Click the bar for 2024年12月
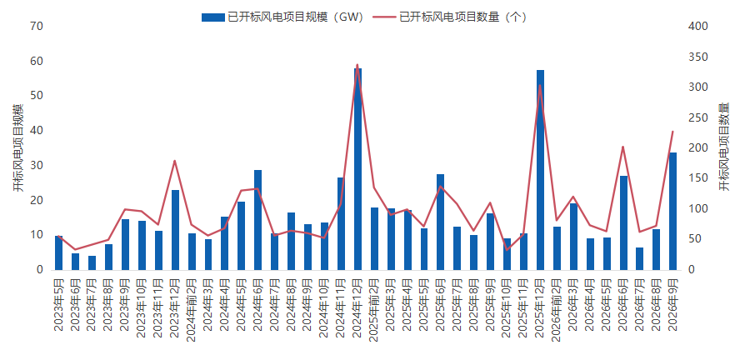click(357, 169)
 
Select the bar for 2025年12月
click(540, 170)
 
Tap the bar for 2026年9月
click(672, 212)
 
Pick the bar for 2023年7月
click(92, 263)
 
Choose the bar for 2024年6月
click(257, 220)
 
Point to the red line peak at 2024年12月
click(357, 65)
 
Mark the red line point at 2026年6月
click(623, 147)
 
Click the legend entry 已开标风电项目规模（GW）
click(282, 17)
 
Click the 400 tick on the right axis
click(697, 27)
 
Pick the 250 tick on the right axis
click(697, 117)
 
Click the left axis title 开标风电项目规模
click(17, 147)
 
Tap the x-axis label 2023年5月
click(58, 305)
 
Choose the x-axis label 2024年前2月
click(192, 310)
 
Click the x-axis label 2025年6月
click(440, 305)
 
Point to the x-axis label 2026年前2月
click(557, 310)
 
